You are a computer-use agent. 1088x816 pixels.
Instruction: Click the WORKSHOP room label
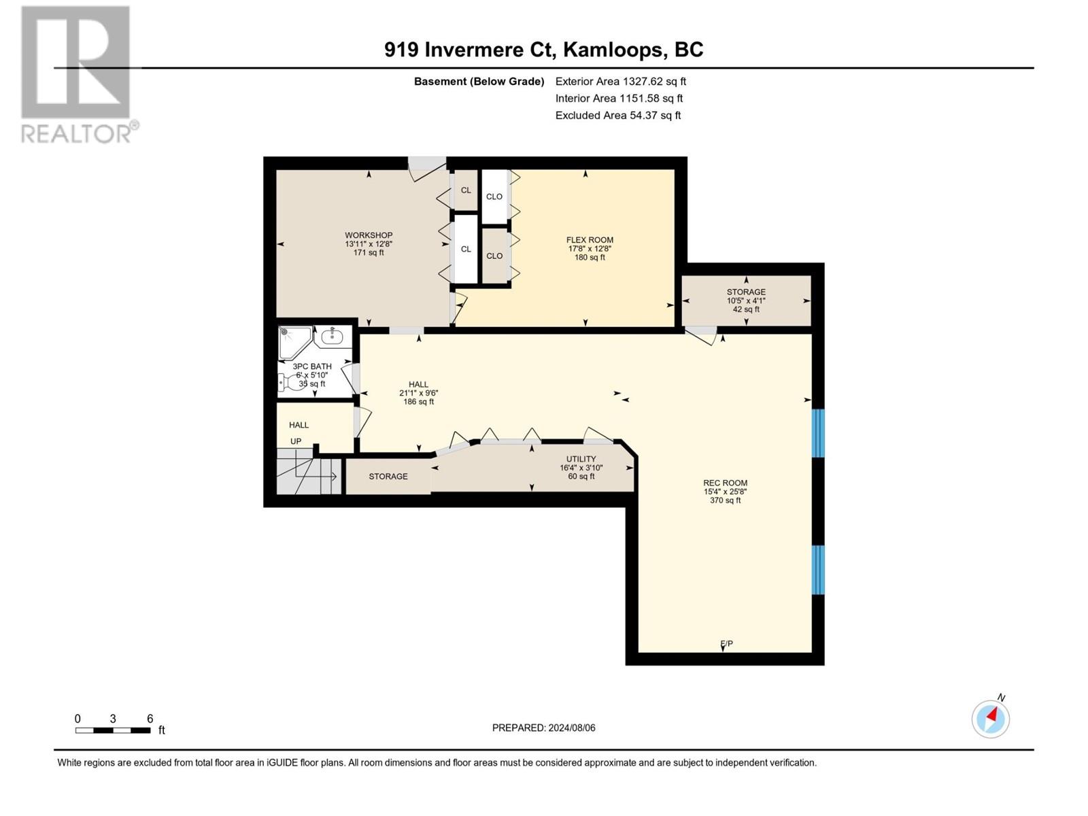(368, 236)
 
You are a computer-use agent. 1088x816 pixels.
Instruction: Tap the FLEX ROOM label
(590, 240)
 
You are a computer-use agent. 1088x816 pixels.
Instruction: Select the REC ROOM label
(725, 483)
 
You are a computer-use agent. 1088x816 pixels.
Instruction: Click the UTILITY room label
(581, 460)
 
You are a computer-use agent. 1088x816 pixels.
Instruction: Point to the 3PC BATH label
(312, 367)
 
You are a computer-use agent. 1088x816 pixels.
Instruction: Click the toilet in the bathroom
(292, 383)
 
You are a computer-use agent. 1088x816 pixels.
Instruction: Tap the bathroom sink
(333, 335)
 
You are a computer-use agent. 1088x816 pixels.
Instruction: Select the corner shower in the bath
(294, 342)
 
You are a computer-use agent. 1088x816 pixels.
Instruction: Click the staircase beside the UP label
(308, 475)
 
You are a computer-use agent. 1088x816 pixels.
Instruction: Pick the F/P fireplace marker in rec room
(726, 644)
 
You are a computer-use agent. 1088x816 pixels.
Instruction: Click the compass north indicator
(991, 718)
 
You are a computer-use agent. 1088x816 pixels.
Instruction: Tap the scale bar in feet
(113, 730)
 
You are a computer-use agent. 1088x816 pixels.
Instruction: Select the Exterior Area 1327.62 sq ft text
(620, 82)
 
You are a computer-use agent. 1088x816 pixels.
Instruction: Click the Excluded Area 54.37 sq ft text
(617, 116)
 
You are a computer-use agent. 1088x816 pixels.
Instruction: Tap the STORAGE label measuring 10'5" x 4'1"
(746, 292)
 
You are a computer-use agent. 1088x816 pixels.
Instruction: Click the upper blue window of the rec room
(819, 433)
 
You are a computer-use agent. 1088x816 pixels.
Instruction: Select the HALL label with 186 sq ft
(418, 385)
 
